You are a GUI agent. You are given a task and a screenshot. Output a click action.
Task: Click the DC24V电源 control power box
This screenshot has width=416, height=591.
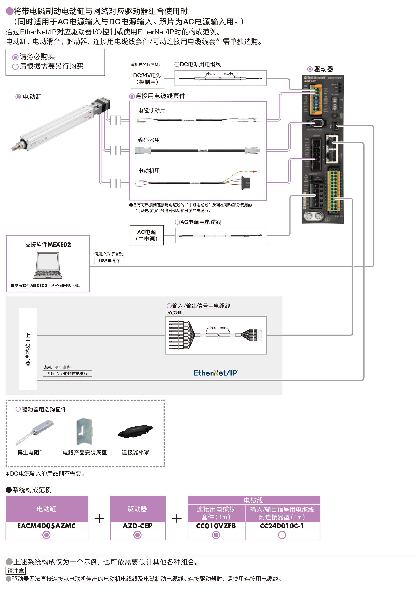pyautogui.click(x=147, y=79)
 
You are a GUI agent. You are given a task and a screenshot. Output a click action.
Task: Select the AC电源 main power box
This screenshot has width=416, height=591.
pyautogui.click(x=147, y=235)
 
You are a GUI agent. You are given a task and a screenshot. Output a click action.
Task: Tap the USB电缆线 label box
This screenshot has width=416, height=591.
pyautogui.click(x=109, y=261)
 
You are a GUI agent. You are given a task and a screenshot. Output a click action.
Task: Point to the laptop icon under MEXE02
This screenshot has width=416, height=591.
pyautogui.click(x=48, y=266)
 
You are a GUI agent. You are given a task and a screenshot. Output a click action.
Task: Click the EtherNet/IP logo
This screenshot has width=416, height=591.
pyautogui.click(x=215, y=373)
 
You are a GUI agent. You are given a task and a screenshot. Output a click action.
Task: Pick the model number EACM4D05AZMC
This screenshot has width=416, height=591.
pyautogui.click(x=47, y=526)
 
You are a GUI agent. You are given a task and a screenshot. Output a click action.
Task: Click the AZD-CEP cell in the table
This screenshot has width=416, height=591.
pyautogui.click(x=137, y=526)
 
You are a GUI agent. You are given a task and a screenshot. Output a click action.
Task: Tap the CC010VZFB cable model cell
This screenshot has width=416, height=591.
pyautogui.click(x=216, y=526)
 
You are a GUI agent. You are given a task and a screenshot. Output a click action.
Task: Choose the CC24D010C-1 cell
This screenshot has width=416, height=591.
pyautogui.click(x=282, y=526)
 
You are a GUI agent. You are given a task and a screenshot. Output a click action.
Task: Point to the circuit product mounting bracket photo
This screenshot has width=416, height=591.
pyautogui.click(x=84, y=431)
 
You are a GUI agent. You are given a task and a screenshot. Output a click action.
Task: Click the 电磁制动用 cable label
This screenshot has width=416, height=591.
pyautogui.click(x=152, y=110)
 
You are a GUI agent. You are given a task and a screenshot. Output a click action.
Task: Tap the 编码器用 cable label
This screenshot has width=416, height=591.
pyautogui.click(x=149, y=140)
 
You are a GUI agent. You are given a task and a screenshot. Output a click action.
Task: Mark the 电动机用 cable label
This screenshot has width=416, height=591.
pyautogui.click(x=149, y=171)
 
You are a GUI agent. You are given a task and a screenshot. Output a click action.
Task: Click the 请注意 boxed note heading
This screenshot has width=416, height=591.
pyautogui.click(x=16, y=571)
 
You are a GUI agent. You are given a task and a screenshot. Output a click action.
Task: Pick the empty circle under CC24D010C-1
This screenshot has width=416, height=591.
pyautogui.click(x=282, y=535)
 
